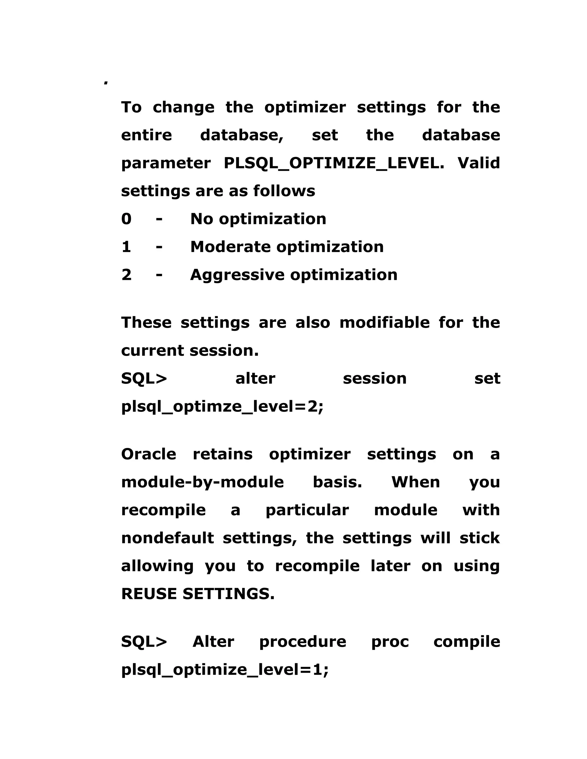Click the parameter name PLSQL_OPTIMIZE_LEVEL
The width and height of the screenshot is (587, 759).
click(334, 163)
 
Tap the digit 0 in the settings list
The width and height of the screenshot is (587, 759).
click(126, 219)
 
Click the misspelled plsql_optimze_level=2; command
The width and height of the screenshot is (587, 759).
click(222, 406)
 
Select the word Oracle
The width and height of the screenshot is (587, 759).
click(148, 454)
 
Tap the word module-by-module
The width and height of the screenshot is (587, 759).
click(202, 482)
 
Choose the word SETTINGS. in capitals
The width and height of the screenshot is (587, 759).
click(228, 594)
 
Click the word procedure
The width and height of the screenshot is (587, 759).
click(303, 642)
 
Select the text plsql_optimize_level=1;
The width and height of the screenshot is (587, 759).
click(225, 670)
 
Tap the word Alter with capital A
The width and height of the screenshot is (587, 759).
click(213, 642)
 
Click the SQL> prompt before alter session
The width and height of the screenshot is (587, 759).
click(144, 378)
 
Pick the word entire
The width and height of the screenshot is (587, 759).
click(146, 135)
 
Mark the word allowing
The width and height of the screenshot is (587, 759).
click(157, 566)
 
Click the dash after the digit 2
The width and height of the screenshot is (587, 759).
click(159, 275)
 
